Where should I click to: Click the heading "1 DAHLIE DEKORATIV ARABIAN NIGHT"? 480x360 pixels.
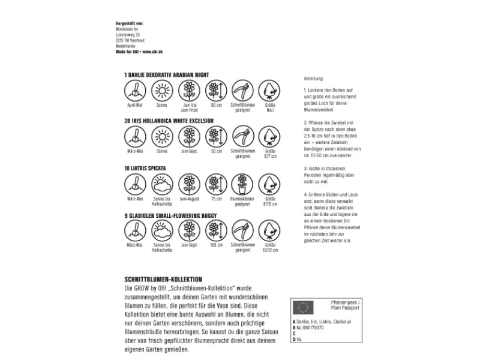165,75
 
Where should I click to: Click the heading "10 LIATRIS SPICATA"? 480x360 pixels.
145,168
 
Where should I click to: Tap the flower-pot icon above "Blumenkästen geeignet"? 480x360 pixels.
242,184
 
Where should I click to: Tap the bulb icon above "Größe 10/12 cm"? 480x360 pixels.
269,230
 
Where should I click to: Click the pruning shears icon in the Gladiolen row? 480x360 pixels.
242,230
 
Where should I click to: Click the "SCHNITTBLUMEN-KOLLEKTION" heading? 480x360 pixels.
162,280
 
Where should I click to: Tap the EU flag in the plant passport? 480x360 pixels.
304,308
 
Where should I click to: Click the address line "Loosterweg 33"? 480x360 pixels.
128,35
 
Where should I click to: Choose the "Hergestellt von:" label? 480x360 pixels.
130,23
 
